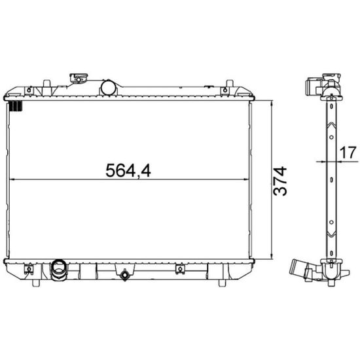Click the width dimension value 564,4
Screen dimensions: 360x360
coord(128,171)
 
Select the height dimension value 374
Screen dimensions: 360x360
coord(280,181)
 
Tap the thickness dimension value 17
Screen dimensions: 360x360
coord(348,153)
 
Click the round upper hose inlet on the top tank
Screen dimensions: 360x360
coord(108,88)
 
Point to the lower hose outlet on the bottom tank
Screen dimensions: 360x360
coord(59,270)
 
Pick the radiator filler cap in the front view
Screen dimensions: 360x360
coord(79,78)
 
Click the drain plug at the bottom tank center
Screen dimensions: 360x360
coord(124,275)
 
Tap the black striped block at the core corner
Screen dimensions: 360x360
coord(16,106)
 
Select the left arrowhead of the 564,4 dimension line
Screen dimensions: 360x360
coord(12,179)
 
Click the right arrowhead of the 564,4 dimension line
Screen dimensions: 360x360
coord(245,179)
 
